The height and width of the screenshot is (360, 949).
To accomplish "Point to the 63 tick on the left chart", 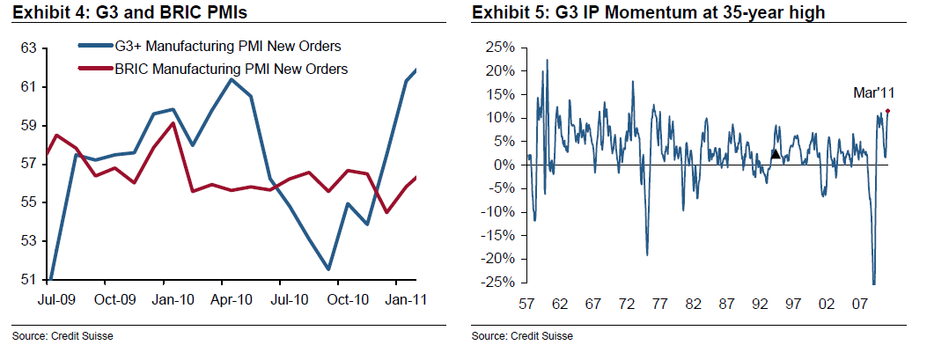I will click(28, 48).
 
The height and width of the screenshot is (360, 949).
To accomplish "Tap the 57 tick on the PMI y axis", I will click(28, 164).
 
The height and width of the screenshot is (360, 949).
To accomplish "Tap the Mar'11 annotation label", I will click(874, 92).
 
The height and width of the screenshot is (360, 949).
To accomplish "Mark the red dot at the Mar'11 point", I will click(887, 111).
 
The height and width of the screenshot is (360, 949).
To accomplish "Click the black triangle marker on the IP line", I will click(775, 154).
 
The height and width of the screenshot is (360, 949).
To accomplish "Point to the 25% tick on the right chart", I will click(500, 47).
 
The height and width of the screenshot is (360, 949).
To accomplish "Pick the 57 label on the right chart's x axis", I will click(527, 304).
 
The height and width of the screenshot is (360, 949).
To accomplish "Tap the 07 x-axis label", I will click(858, 304).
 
